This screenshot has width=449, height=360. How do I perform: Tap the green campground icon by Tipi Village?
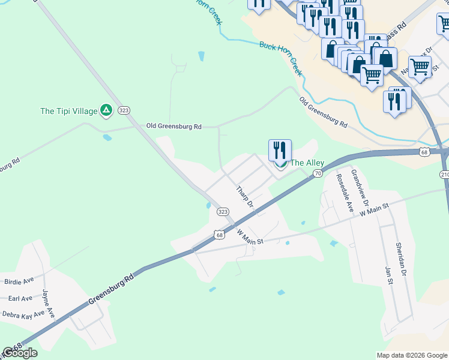(x=106, y=110)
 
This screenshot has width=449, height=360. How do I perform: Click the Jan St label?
(x=388, y=271)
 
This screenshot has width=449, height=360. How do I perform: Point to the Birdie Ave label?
(x=19, y=281)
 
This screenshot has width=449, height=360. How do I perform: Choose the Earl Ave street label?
(x=20, y=298)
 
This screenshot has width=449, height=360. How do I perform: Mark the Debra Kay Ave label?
(x=23, y=314)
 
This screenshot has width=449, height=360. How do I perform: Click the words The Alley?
(x=307, y=163)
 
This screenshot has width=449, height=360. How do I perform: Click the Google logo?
(x=20, y=352)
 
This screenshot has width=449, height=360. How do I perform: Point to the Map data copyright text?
(x=412, y=355)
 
